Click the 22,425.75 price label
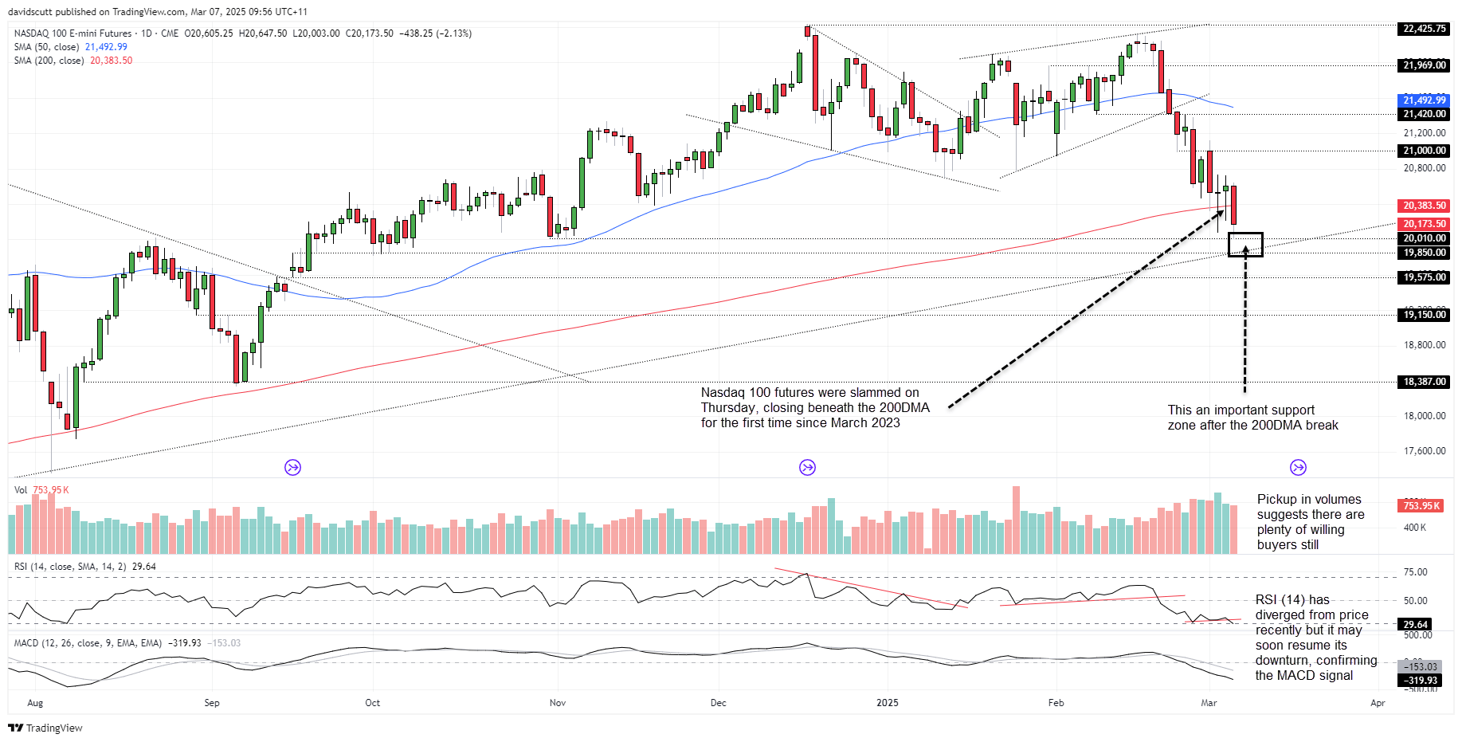pyautogui.click(x=1424, y=29)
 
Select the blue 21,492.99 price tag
pyautogui.click(x=1424, y=100)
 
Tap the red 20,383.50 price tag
pyautogui.click(x=1424, y=206)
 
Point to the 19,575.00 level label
pyautogui.click(x=1424, y=277)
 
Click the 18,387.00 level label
pyautogui.click(x=1424, y=382)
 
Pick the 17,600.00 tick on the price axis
pyautogui.click(x=1424, y=451)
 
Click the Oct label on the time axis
pyautogui.click(x=372, y=703)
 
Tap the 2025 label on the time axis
pyautogui.click(x=887, y=703)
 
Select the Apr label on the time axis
pyautogui.click(x=1378, y=703)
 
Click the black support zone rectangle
pyautogui.click(x=1245, y=245)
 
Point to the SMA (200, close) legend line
pyautogui.click(x=73, y=61)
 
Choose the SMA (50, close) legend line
pyautogui.click(x=70, y=47)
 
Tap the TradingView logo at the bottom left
pyautogui.click(x=45, y=728)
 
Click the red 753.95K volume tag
pyautogui.click(x=1421, y=506)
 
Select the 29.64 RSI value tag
pyautogui.click(x=1415, y=625)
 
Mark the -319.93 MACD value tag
pyautogui.click(x=1420, y=681)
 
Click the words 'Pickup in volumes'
pyautogui.click(x=1309, y=500)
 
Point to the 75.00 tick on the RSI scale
pyautogui.click(x=1415, y=572)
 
